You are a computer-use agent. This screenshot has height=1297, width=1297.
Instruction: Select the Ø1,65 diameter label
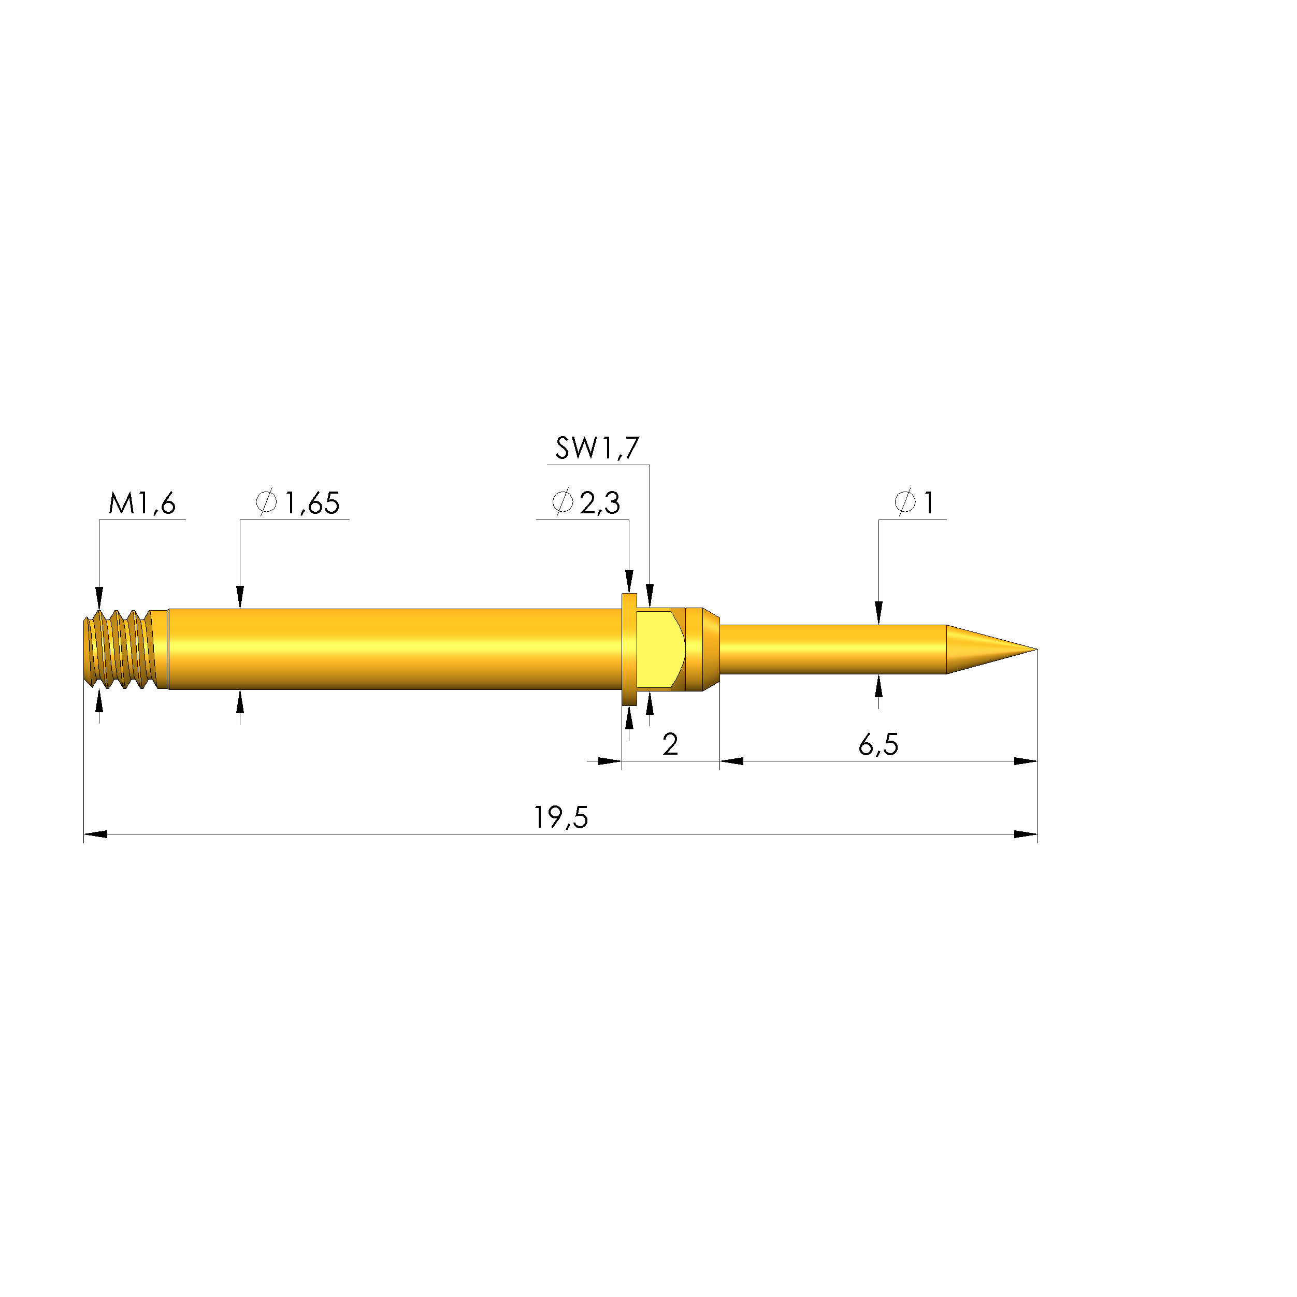[297, 503]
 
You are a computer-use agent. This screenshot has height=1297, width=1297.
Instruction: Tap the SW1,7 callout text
[597, 449]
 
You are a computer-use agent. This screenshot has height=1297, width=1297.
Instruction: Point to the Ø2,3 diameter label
[585, 503]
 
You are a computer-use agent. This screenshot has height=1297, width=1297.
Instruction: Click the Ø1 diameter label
[914, 503]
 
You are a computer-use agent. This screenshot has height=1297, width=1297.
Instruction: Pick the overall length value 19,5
[560, 818]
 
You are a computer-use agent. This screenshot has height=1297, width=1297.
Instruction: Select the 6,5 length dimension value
[878, 745]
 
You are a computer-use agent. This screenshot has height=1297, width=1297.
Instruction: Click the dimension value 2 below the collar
[670, 745]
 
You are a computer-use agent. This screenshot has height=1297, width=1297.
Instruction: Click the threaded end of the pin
[121, 649]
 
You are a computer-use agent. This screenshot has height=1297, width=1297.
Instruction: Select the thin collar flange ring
[629, 649]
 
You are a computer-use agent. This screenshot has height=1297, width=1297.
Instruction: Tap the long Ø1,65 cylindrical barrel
[396, 649]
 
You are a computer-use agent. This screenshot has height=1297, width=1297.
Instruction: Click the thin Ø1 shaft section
[832, 649]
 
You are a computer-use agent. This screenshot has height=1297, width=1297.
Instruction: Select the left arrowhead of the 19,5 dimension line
[95, 834]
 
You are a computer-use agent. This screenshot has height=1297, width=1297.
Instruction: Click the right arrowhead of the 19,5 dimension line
[1026, 834]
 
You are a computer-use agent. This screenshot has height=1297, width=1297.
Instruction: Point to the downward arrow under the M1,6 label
[99, 597]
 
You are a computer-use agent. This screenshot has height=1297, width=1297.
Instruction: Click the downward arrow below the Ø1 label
[879, 613]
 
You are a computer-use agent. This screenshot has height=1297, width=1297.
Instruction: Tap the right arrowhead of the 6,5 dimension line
[1026, 761]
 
